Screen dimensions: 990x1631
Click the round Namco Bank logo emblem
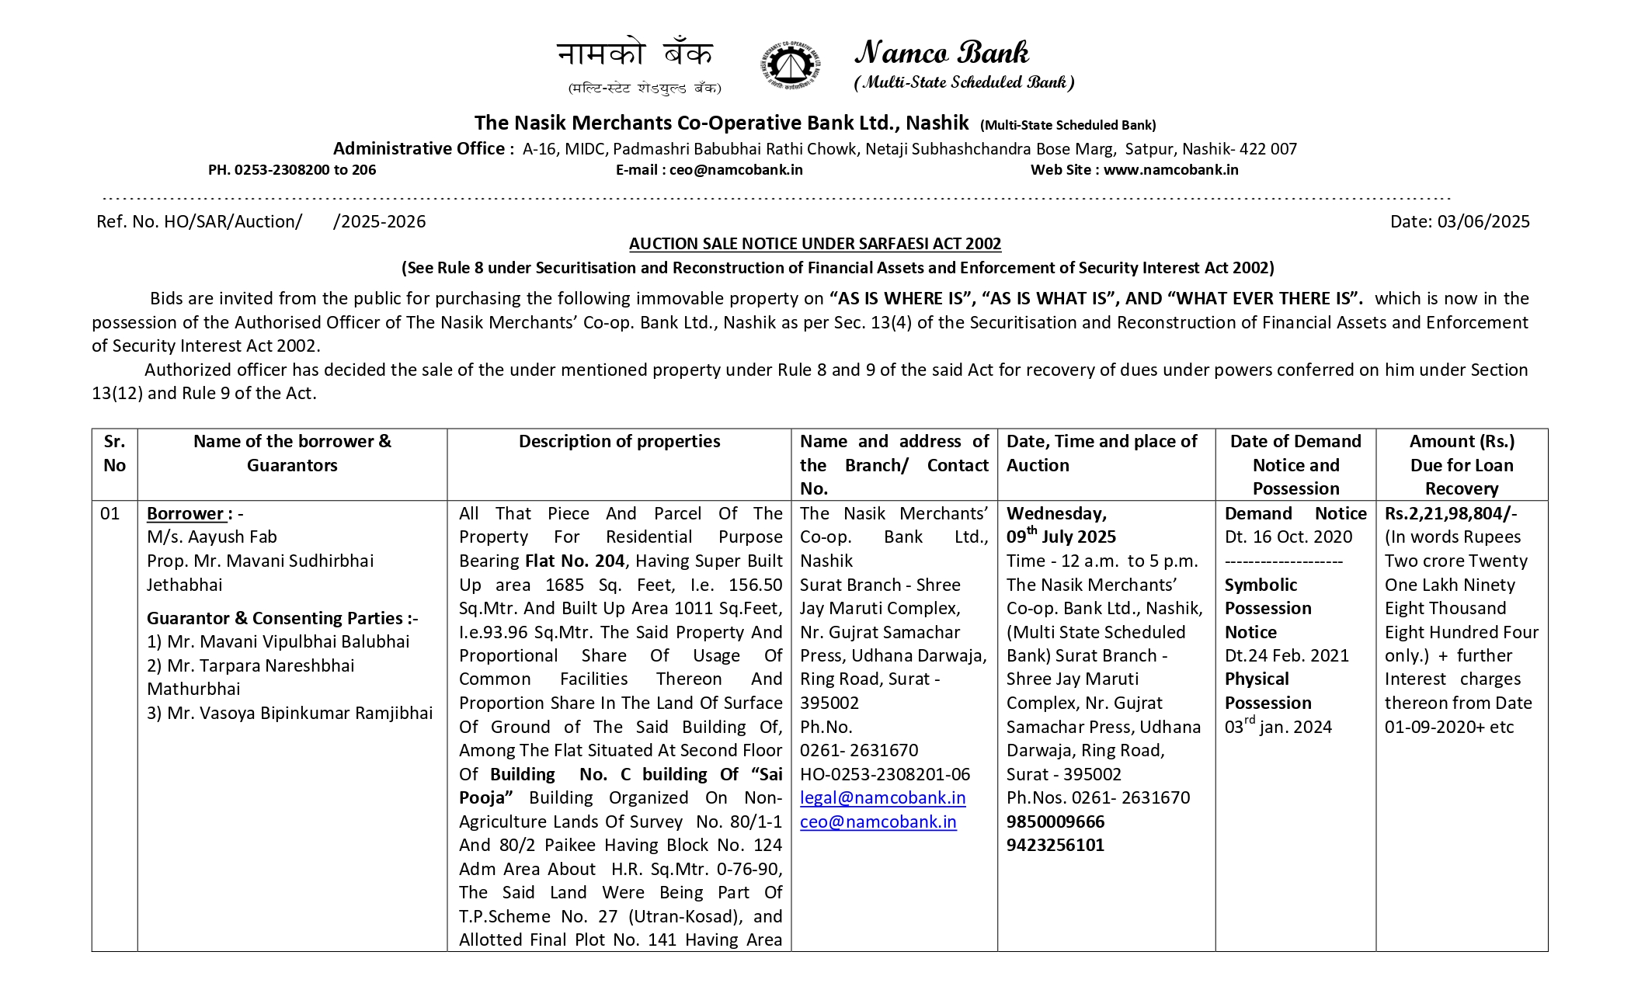(790, 64)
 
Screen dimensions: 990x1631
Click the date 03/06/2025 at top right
(1483, 222)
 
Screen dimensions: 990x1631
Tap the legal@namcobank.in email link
(882, 798)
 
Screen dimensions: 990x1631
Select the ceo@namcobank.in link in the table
(878, 822)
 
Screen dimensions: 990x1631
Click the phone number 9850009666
(1055, 822)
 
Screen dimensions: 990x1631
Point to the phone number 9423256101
(1055, 845)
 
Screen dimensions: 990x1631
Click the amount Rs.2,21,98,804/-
(1450, 513)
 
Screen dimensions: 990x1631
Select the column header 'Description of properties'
(619, 442)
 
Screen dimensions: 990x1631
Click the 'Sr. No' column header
(114, 453)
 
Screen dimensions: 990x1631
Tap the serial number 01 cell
(110, 513)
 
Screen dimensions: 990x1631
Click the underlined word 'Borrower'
(186, 513)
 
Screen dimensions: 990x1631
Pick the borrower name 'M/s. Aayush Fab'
(211, 537)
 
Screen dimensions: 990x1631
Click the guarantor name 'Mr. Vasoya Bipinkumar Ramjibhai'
(300, 714)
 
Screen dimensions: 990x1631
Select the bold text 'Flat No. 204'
(575, 561)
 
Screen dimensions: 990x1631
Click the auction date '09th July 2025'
(1061, 537)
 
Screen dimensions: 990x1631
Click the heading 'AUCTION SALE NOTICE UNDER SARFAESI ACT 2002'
(815, 244)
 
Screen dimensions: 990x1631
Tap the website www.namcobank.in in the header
(1170, 170)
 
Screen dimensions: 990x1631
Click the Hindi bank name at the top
(635, 54)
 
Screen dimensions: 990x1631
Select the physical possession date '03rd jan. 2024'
(1278, 727)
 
